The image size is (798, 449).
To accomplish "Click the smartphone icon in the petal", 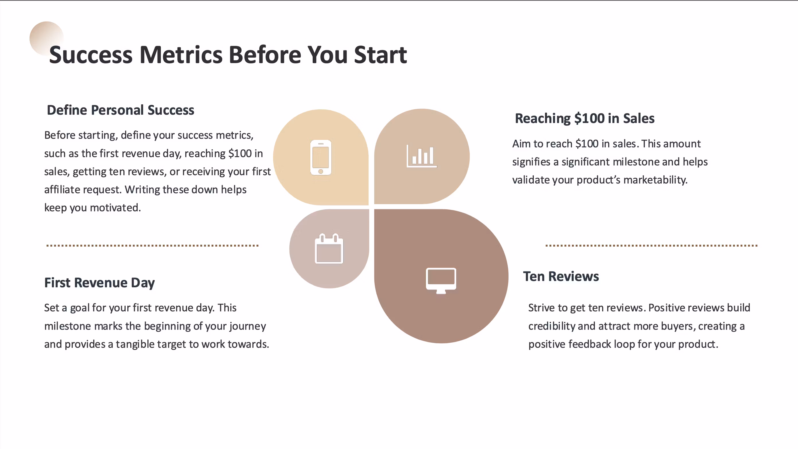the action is [321, 157].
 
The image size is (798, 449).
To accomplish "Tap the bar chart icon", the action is [422, 156].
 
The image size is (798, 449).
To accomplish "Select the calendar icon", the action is [329, 249].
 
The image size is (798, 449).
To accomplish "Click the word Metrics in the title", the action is [181, 55].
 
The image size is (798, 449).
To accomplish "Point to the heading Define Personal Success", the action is [120, 110].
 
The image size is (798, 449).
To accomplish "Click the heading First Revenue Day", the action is [100, 283].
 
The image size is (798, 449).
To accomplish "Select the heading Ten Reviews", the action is [561, 276].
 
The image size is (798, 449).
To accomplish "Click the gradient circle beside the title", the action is [46, 38].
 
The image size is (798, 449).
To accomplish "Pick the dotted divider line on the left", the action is [152, 245].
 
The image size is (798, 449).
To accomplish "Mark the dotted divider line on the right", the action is [651, 245].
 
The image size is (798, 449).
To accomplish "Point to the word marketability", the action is [655, 180].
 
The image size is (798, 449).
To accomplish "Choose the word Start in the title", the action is [380, 55].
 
